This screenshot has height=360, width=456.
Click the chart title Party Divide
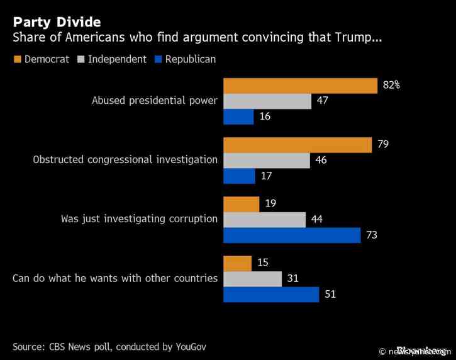click(56, 22)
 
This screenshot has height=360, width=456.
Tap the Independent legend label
click(117, 59)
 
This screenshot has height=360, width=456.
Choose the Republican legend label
click(190, 59)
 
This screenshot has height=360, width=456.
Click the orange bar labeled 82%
click(300, 85)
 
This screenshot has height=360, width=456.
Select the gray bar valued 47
click(267, 101)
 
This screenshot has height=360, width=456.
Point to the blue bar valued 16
click(238, 116)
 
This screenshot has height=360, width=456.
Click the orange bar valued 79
click(298, 145)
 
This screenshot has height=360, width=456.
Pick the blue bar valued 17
click(239, 176)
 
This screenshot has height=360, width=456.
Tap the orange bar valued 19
click(241, 204)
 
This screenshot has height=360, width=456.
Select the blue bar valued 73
click(292, 235)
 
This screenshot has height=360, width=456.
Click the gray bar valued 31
click(252, 279)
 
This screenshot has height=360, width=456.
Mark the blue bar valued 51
click(271, 294)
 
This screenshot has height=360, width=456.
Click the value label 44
click(318, 220)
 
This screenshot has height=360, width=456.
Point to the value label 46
click(321, 160)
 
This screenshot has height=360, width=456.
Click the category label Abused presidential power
click(154, 101)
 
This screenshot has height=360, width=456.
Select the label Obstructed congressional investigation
click(125, 160)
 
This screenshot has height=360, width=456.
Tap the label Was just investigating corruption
click(139, 220)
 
